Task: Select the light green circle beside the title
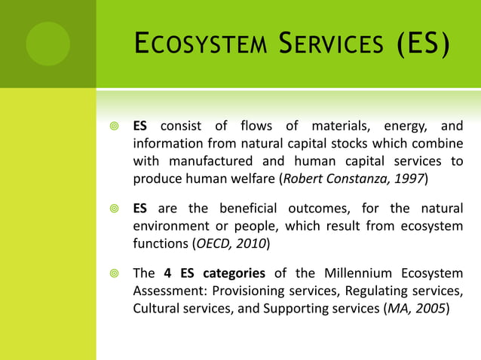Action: (47, 44)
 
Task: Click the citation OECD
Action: (212, 243)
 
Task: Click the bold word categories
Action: (234, 273)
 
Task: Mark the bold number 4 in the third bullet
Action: (167, 273)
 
